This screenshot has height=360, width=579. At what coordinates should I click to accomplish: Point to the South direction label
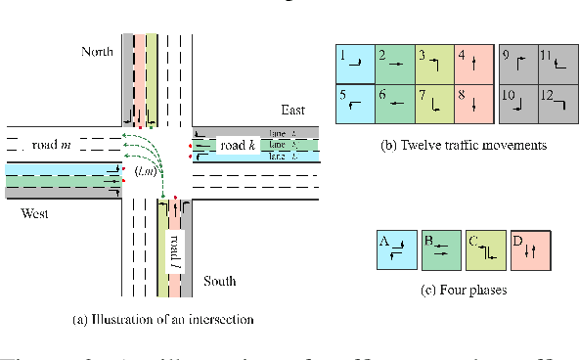coord(220,282)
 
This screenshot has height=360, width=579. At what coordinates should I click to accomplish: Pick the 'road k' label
coord(239,146)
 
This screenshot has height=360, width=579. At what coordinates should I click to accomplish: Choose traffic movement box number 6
coord(394,102)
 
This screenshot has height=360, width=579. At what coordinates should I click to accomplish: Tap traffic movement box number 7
coord(433,102)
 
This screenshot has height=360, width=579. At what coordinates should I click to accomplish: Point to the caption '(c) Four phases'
coord(462,291)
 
